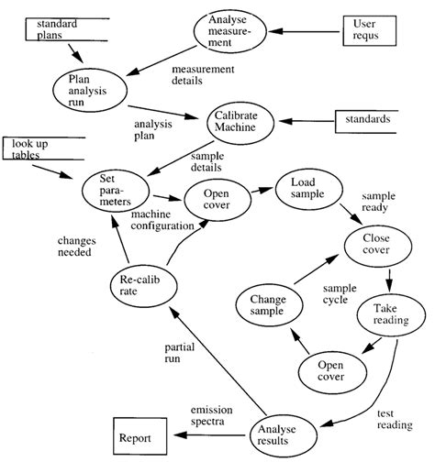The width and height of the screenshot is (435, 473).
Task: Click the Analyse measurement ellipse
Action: click(x=233, y=33)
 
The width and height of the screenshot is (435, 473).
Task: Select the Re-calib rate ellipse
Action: click(x=143, y=284)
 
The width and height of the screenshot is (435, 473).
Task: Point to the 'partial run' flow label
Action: click(x=180, y=354)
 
